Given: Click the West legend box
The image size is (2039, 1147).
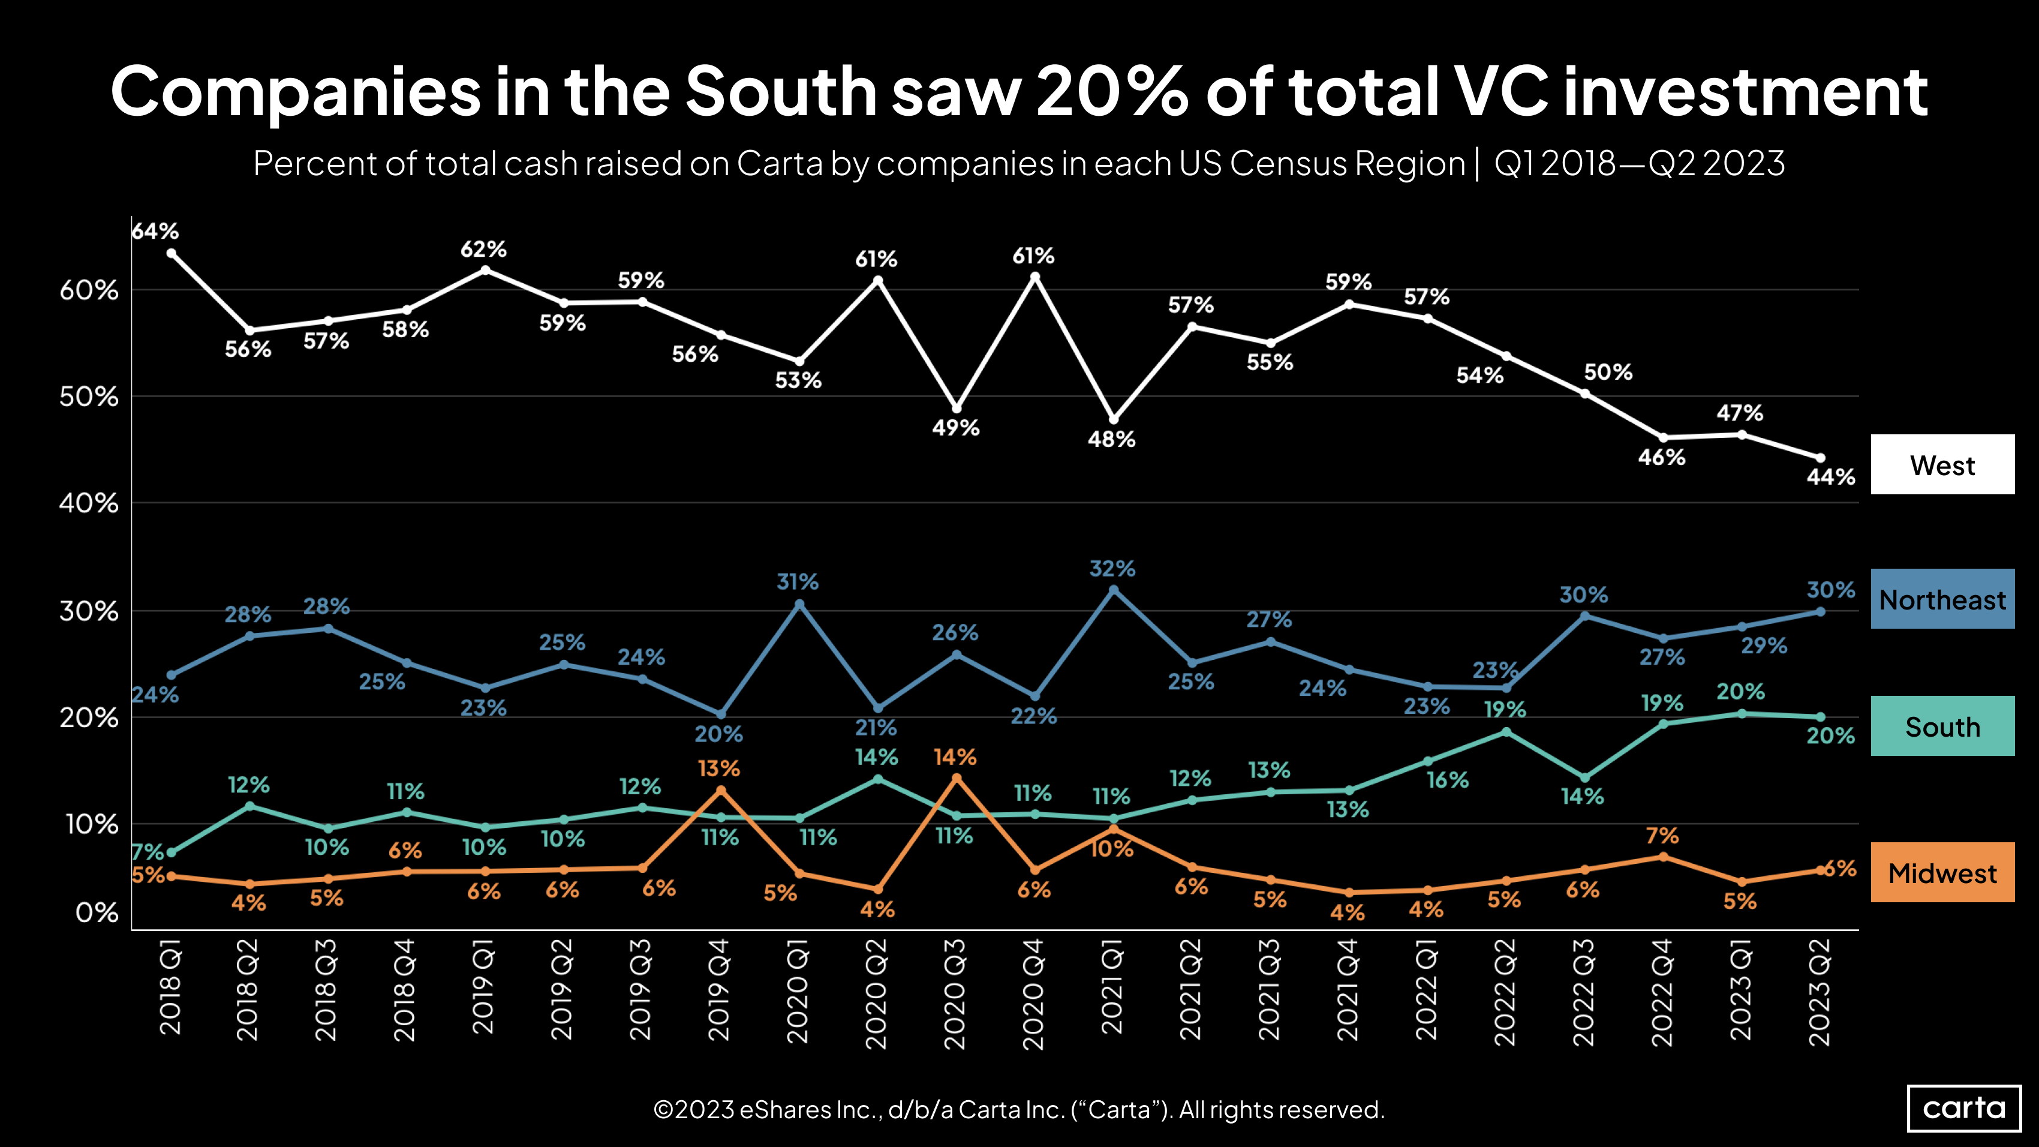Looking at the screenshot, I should tap(1942, 465).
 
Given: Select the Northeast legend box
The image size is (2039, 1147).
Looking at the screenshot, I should tap(1942, 599).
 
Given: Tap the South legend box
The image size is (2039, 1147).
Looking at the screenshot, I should tap(1942, 726).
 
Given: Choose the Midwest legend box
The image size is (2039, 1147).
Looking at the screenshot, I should tap(1942, 872).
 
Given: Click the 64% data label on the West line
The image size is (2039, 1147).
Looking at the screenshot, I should tap(155, 231).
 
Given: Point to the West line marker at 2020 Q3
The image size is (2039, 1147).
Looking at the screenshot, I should tap(956, 409).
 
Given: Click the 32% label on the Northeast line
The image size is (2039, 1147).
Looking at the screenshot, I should tap(1112, 568).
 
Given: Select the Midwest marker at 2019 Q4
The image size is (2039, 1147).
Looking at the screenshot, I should tap(720, 790).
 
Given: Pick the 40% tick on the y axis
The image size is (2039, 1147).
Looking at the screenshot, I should tap(89, 503).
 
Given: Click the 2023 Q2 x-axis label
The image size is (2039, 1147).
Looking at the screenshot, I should tap(1819, 993).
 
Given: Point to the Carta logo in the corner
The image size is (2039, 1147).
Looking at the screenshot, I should tap(1964, 1107).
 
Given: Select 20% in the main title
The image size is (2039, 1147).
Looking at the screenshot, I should tap(1111, 92).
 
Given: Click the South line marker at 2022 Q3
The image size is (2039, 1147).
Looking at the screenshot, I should tap(1584, 778).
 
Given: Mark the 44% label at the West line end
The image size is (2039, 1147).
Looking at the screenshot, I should tap(1830, 476).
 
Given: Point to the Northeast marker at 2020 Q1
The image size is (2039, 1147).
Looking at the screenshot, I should tap(799, 604).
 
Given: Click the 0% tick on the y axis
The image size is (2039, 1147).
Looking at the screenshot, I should tap(97, 912).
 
